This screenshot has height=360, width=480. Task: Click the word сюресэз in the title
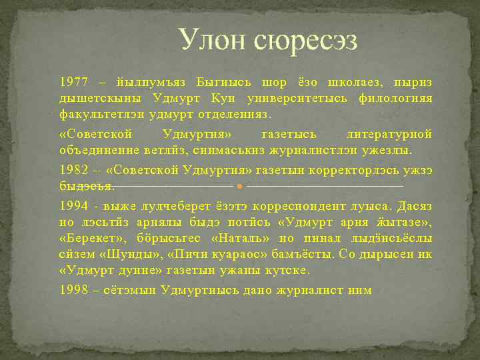(x=305, y=41)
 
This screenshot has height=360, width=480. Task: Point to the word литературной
(x=389, y=134)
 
